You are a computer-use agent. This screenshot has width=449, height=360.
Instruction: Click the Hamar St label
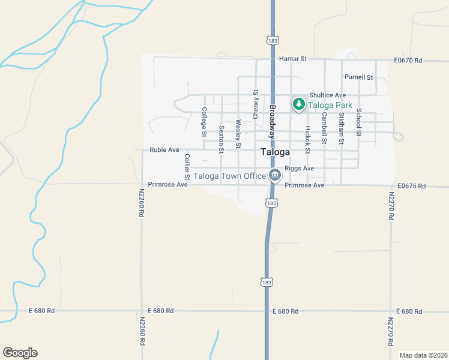[x=293, y=59]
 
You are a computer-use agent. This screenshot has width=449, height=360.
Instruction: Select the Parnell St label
[x=358, y=77]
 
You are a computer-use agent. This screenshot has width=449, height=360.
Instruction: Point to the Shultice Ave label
[x=327, y=95]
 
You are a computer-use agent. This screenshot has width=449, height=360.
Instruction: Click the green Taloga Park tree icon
[x=298, y=104]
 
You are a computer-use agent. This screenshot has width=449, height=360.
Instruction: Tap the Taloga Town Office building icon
[x=275, y=176]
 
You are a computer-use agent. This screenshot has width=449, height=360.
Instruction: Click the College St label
[x=204, y=119]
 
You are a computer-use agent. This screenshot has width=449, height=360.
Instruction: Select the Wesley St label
[x=238, y=133]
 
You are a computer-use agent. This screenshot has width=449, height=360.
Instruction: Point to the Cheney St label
[x=255, y=104]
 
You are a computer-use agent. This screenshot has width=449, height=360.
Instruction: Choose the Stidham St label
[x=341, y=127]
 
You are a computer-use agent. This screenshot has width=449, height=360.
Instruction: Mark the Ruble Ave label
[x=164, y=150]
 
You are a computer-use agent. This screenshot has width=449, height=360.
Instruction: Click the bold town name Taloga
[x=276, y=152]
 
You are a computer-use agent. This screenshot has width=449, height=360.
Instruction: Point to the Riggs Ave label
[x=299, y=169]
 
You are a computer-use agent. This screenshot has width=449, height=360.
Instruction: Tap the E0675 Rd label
[x=411, y=186]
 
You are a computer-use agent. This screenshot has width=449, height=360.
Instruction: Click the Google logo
[x=20, y=353]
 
